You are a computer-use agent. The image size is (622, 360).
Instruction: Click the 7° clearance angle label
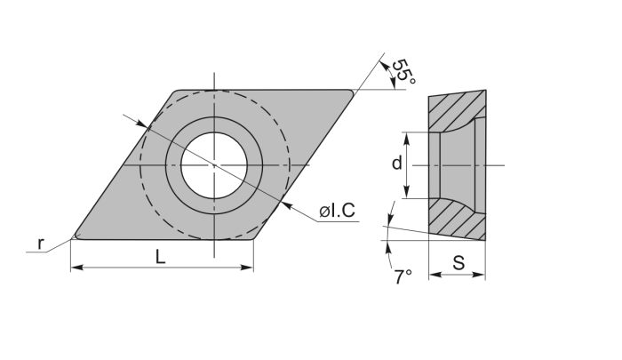click(x=403, y=277)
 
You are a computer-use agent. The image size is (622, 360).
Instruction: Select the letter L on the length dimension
click(x=159, y=257)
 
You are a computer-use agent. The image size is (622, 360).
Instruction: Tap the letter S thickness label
click(x=458, y=263)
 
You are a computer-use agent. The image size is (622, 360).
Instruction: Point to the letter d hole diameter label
click(x=397, y=163)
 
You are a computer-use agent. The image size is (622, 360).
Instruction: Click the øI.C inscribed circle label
click(x=337, y=212)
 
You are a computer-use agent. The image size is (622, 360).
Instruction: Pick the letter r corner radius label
click(x=40, y=243)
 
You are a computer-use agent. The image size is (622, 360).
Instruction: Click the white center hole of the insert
click(x=214, y=164)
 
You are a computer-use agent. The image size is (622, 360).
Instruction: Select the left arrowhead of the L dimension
click(x=76, y=267)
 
